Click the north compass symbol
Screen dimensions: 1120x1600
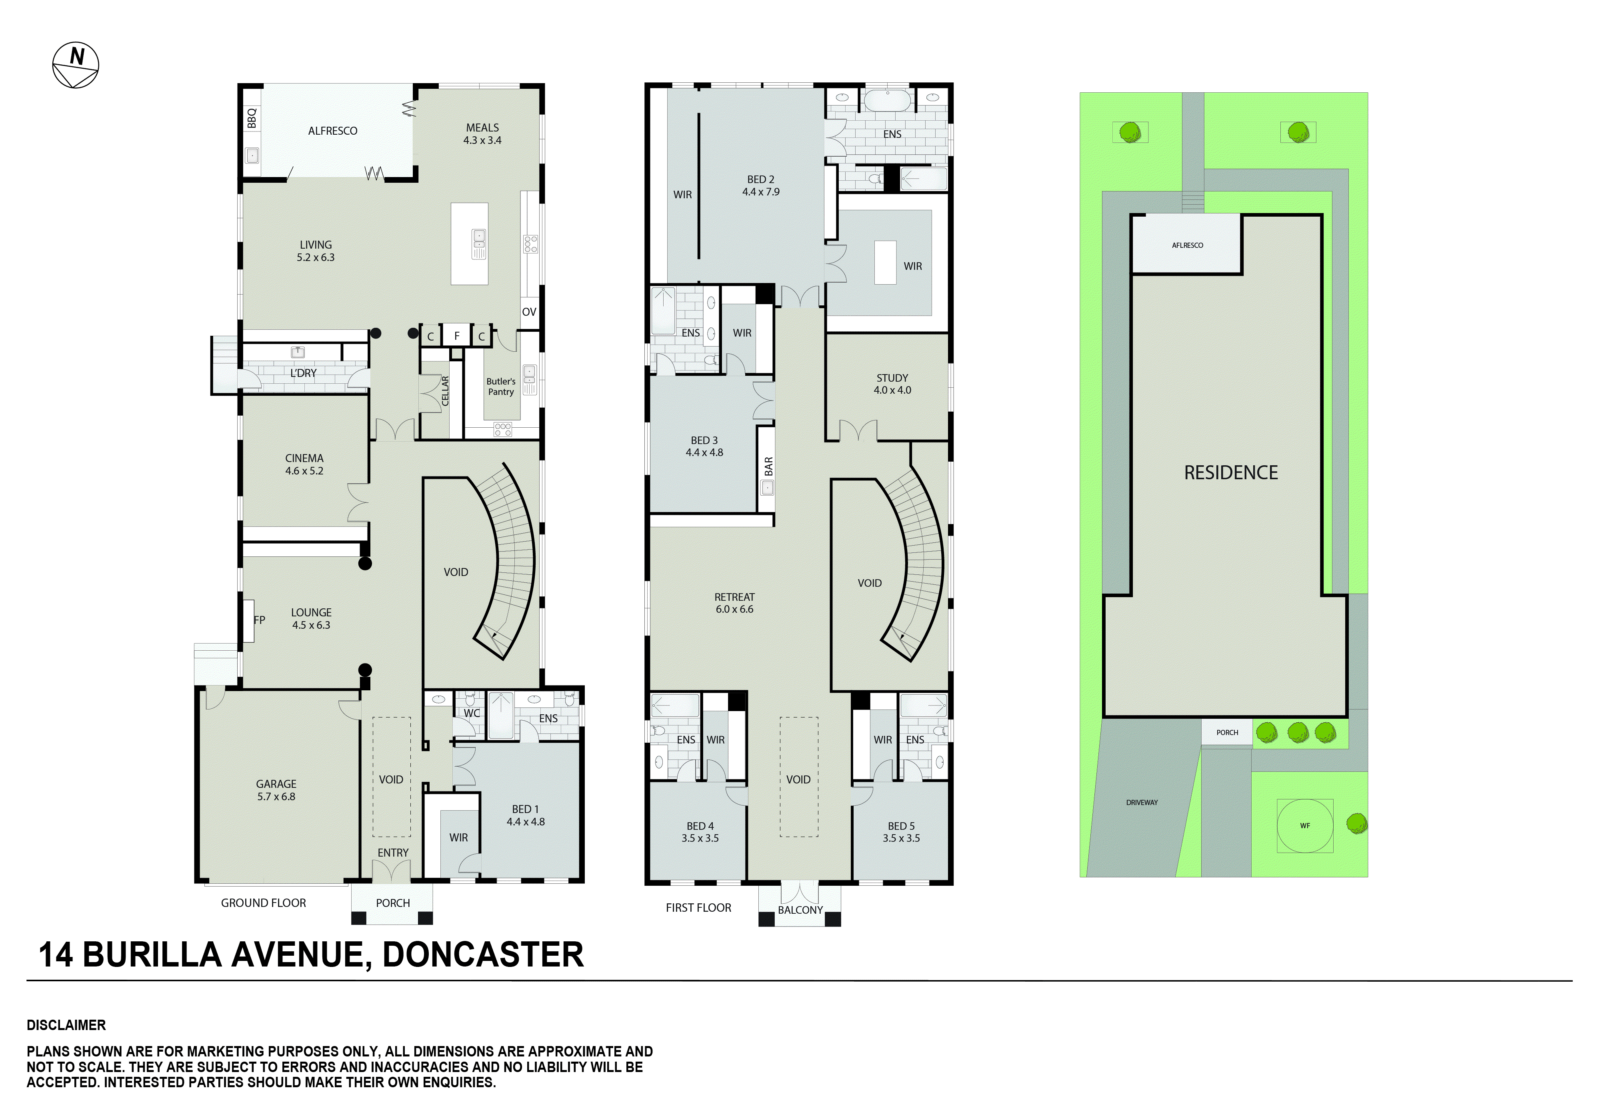pyautogui.click(x=76, y=66)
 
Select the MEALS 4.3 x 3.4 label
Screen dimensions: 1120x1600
pyautogui.click(x=482, y=134)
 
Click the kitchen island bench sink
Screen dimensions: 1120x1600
pyautogui.click(x=479, y=244)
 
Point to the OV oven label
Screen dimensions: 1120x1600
pyautogui.click(x=529, y=312)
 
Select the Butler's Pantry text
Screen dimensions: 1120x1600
pyautogui.click(x=501, y=387)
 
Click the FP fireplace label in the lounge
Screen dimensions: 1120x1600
pyautogui.click(x=259, y=620)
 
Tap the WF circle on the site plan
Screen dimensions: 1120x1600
pyautogui.click(x=1304, y=825)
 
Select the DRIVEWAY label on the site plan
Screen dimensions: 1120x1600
pyautogui.click(x=1142, y=802)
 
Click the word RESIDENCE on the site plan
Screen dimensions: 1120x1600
pyautogui.click(x=1231, y=473)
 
